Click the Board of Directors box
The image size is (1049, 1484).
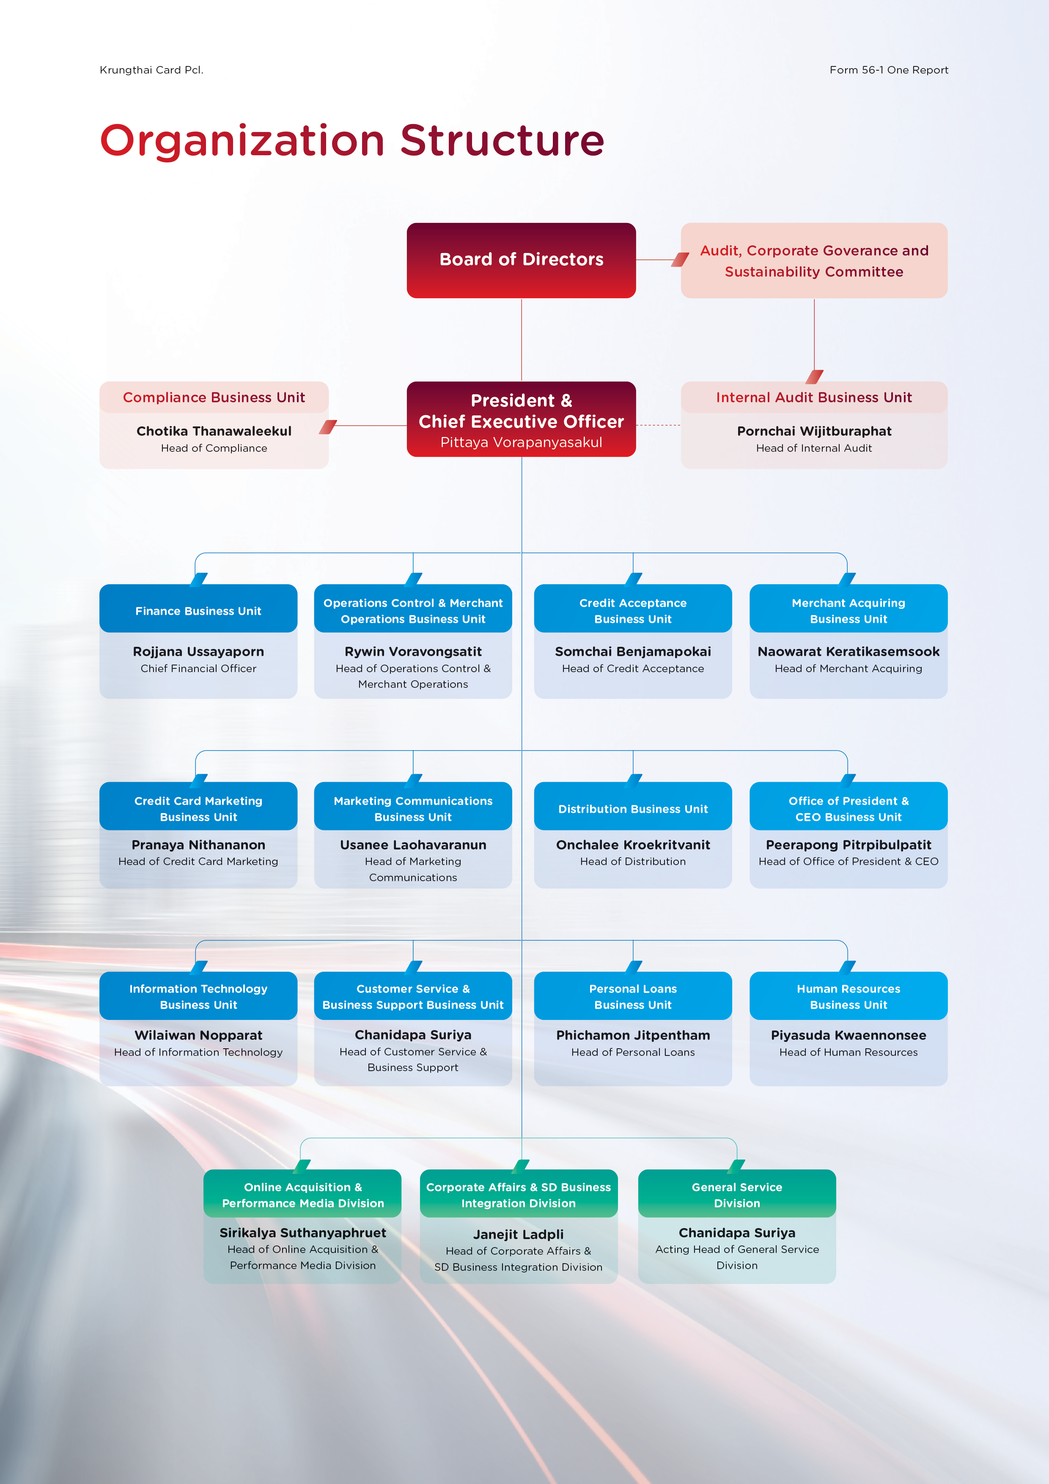(x=521, y=260)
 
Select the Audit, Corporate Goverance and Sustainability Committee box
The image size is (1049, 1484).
(x=814, y=261)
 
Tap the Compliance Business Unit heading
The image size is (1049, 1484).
(x=214, y=398)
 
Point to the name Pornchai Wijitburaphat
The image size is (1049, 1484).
(x=814, y=431)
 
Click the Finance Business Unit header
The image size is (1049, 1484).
(x=198, y=609)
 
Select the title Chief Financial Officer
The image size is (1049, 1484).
(x=198, y=668)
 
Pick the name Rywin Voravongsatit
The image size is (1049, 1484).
(x=413, y=651)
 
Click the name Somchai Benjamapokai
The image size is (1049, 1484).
(x=633, y=651)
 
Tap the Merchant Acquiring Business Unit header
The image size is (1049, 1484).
(x=849, y=609)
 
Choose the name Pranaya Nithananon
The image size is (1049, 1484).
(x=198, y=845)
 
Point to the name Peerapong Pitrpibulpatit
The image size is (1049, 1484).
(x=849, y=845)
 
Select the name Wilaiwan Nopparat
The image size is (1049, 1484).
(x=198, y=1035)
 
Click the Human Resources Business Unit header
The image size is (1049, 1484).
(x=849, y=996)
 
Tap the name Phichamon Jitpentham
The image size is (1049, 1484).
(x=633, y=1035)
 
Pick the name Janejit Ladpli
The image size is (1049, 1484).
(x=518, y=1234)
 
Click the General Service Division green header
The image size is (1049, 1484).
(x=737, y=1194)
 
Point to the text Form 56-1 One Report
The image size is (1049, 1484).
(x=889, y=70)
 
